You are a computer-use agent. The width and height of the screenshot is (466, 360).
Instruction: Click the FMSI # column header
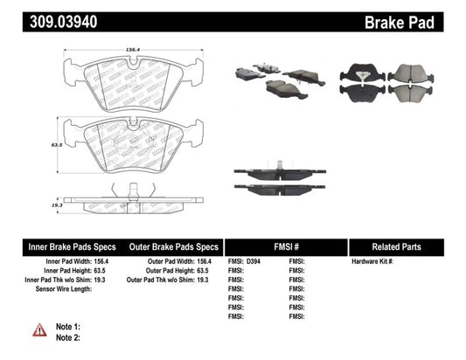pyautogui.click(x=286, y=246)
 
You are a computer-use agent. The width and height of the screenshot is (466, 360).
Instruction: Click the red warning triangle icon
pyautogui.click(x=38, y=329)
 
